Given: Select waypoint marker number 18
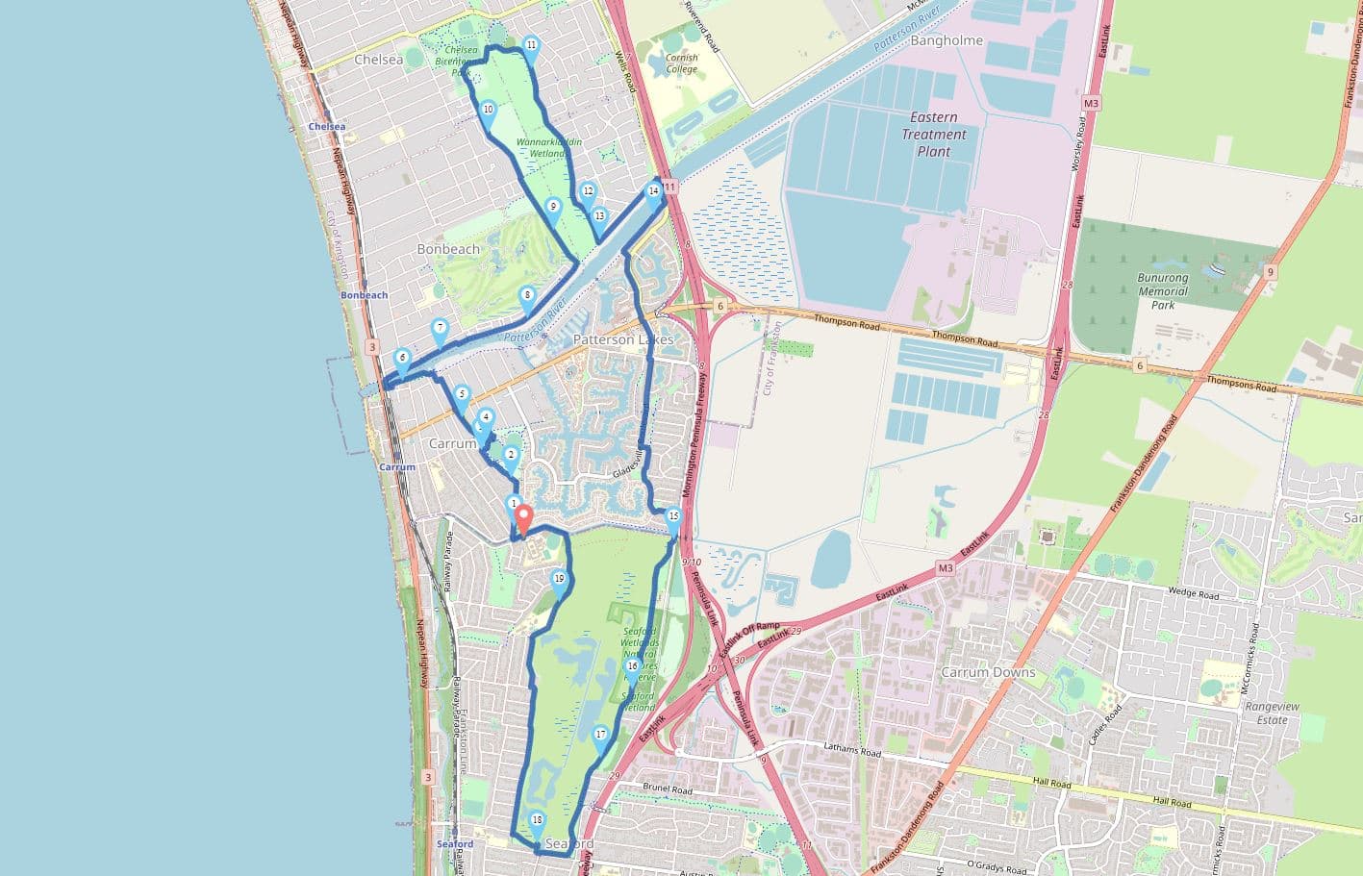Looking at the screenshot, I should [537, 822].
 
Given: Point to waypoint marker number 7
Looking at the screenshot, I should [440, 330].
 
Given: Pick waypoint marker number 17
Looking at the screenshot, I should [601, 737].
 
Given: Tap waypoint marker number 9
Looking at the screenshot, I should [553, 208].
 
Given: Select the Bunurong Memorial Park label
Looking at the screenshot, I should [1163, 291].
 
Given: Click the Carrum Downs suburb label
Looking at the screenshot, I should [988, 672].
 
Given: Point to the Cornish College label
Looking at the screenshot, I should [681, 63].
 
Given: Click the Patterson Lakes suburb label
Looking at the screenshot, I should [622, 339].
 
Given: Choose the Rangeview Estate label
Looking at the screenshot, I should [1272, 713].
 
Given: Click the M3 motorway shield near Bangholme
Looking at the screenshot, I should [1090, 102].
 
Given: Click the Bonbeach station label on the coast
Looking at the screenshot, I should [365, 295].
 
